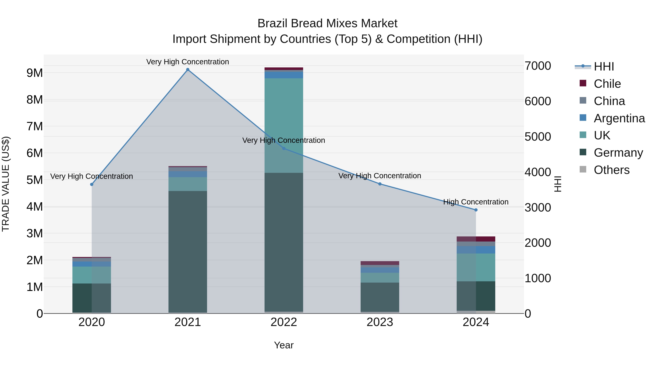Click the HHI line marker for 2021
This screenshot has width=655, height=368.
[188, 70]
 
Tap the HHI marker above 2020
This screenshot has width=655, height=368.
[92, 184]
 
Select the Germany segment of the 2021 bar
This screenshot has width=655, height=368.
[188, 252]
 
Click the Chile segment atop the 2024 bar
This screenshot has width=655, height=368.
[476, 239]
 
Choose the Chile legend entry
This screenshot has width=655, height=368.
[607, 84]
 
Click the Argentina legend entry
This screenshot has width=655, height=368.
[619, 118]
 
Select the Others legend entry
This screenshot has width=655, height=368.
[611, 170]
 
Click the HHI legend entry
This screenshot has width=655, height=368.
[604, 67]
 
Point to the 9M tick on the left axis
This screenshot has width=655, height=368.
[35, 73]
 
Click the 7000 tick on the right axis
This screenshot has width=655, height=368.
[537, 66]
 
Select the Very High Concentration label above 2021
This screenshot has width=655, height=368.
[188, 62]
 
